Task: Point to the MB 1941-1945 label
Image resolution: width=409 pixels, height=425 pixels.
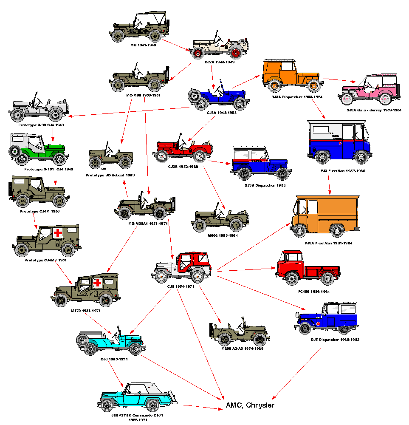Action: [x=143, y=45]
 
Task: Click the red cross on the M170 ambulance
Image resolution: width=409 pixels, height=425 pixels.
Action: [x=97, y=283]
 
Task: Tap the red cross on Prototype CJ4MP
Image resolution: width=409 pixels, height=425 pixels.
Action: [x=58, y=233]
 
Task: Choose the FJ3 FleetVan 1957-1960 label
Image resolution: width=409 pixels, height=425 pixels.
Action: [x=338, y=171]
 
